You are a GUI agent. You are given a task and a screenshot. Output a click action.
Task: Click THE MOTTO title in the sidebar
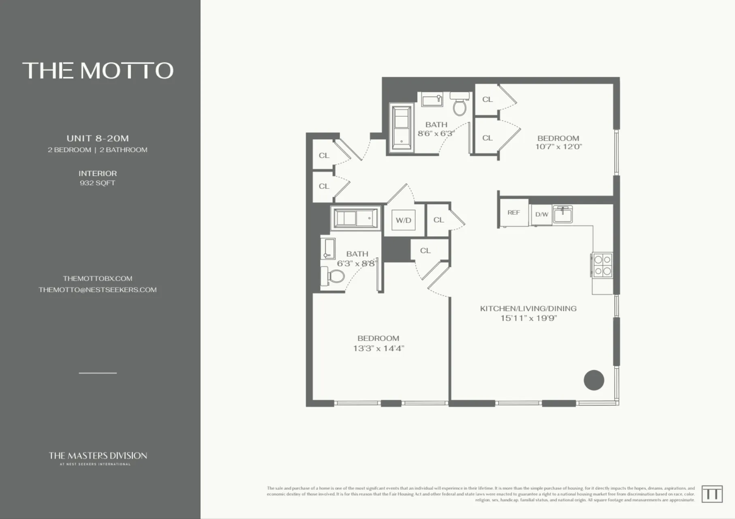98,71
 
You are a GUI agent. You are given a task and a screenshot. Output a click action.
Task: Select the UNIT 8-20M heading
98,138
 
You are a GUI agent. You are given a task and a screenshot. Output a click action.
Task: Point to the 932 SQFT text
98,183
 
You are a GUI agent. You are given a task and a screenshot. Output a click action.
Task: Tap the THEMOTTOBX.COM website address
98,279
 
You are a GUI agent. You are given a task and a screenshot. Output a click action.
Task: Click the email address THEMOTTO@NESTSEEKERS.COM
98,290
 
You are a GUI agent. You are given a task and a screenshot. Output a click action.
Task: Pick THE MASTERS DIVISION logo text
98,456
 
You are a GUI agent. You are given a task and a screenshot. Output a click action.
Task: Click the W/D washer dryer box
403,221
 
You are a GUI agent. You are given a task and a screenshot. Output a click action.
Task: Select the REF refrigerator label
513,212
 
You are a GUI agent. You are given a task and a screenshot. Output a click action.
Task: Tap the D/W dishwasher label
541,214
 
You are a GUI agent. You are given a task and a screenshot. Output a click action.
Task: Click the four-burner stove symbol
603,265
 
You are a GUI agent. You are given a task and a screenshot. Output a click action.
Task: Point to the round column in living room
594,380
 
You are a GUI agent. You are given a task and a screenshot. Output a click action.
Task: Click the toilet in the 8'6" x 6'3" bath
459,105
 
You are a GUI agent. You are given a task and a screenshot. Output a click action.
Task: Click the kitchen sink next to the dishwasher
563,214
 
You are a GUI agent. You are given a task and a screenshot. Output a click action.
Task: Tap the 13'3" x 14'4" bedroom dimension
378,348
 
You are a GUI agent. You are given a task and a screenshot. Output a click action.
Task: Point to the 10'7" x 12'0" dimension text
558,147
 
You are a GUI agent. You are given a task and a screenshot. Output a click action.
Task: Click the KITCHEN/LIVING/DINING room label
528,309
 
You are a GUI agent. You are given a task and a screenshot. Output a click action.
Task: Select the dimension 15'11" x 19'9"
528,318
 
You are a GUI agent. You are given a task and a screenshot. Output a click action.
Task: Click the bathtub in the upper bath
402,128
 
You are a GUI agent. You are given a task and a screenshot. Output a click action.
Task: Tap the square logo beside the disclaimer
711,494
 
